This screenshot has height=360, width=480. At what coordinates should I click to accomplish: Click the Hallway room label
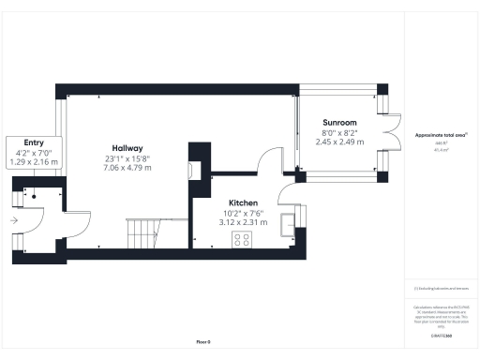[127, 148]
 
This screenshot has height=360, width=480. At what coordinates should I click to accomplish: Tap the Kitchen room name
[243, 202]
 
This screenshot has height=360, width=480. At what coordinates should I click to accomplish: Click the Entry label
[33, 142]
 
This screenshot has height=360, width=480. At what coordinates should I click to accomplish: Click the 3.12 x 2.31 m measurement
[243, 222]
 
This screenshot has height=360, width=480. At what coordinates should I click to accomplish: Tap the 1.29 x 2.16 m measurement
[33, 161]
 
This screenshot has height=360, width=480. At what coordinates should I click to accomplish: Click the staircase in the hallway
[143, 232]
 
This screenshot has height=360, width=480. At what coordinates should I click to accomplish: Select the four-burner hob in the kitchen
[243, 240]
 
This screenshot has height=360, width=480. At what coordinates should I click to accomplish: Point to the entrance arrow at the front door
[14, 221]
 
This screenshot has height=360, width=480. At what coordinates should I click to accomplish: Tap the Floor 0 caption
[203, 340]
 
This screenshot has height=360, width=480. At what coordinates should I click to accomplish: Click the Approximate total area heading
[440, 135]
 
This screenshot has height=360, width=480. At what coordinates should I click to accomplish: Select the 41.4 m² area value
[440, 150]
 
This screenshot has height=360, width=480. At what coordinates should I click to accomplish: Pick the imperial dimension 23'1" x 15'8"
[127, 159]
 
